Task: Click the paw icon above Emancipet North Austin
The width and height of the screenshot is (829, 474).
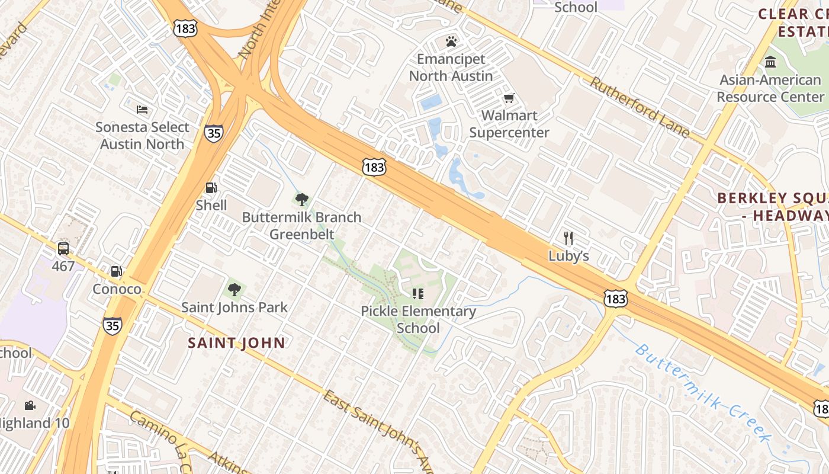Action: point(451,41)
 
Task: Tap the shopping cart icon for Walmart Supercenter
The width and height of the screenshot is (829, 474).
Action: point(509,98)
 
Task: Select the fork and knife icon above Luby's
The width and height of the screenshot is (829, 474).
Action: point(568,238)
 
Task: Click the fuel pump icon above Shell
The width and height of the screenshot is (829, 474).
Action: point(211,188)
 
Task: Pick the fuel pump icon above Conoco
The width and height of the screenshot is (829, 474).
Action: point(117,271)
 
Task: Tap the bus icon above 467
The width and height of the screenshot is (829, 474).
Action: point(63,249)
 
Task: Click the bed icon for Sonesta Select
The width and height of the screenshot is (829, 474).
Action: point(142,109)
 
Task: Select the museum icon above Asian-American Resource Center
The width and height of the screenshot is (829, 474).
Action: point(770,62)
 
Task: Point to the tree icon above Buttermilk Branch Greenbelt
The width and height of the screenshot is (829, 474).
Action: point(301,199)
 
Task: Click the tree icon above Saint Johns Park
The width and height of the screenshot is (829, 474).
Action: point(234,290)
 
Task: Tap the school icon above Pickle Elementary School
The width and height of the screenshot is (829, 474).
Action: point(418,293)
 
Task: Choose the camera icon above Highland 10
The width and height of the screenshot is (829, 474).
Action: point(30,405)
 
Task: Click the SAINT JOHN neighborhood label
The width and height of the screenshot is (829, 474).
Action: point(237,342)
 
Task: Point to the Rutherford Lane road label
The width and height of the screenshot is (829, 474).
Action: point(640,107)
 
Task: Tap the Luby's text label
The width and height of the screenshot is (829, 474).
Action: point(568,256)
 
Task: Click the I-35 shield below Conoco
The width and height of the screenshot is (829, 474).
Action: point(112,325)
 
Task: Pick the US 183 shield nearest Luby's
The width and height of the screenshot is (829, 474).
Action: point(615,299)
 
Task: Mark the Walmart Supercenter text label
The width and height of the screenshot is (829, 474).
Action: point(509,124)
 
